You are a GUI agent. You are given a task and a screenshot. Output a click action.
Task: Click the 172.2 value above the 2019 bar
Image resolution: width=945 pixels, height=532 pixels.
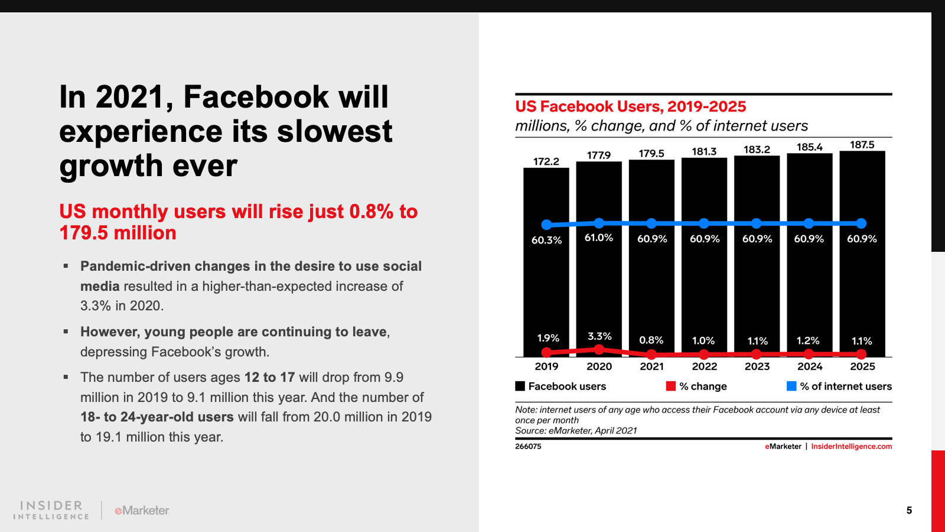546,161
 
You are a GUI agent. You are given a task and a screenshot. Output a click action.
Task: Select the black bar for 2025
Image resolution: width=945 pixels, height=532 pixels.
862,284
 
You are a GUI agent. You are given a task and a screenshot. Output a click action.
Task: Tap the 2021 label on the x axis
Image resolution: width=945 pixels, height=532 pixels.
651,366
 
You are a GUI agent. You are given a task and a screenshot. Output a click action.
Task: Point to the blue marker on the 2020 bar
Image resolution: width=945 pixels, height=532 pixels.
599,223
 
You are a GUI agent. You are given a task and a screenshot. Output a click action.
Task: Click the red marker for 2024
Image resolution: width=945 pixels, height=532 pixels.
809,354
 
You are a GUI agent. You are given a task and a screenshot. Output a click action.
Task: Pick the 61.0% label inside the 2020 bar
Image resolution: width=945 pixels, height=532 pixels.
599,238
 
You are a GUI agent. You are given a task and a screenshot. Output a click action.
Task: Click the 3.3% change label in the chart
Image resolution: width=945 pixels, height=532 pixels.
599,336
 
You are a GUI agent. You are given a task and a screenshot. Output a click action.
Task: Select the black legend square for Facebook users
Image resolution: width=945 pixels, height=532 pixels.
520,386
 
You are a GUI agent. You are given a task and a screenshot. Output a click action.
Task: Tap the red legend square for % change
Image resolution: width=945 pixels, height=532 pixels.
671,386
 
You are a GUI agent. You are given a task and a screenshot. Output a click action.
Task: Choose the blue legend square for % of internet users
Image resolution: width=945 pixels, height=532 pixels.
791,386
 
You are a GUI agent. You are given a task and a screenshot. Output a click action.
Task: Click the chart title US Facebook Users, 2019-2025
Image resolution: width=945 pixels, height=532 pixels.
630,106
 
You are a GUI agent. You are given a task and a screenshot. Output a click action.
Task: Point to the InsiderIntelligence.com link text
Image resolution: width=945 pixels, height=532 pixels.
851,446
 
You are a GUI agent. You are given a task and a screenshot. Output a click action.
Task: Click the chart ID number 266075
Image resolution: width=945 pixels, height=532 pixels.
528,446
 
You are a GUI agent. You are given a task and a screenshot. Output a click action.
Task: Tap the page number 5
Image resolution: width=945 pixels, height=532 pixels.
909,510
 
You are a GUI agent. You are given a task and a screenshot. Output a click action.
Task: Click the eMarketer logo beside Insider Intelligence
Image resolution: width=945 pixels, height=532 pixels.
142,510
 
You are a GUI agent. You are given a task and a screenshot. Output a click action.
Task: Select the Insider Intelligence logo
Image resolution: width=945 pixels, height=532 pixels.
51,510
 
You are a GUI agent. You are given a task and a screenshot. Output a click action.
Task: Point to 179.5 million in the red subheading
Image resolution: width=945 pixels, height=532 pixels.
118,233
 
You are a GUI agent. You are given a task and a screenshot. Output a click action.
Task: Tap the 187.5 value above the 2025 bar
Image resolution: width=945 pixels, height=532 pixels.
862,145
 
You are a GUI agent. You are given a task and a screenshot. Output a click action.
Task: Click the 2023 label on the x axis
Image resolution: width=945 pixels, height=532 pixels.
757,366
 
